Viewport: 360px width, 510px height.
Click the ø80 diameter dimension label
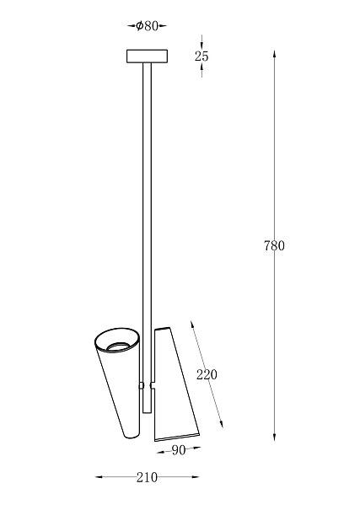tap(147, 25)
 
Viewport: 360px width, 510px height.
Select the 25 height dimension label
tap(201, 56)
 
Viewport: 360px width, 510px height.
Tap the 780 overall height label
tap(274, 245)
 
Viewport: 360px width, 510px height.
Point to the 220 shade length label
tap(207, 374)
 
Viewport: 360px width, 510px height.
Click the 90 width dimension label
tap(179, 450)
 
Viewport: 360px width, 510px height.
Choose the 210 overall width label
tap(147, 477)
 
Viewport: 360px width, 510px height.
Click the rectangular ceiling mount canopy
tap(147, 56)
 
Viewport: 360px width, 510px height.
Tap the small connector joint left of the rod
tap(142, 385)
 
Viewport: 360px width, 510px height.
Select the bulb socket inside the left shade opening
tap(118, 346)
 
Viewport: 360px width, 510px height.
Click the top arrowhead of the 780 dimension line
tap(275, 52)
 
